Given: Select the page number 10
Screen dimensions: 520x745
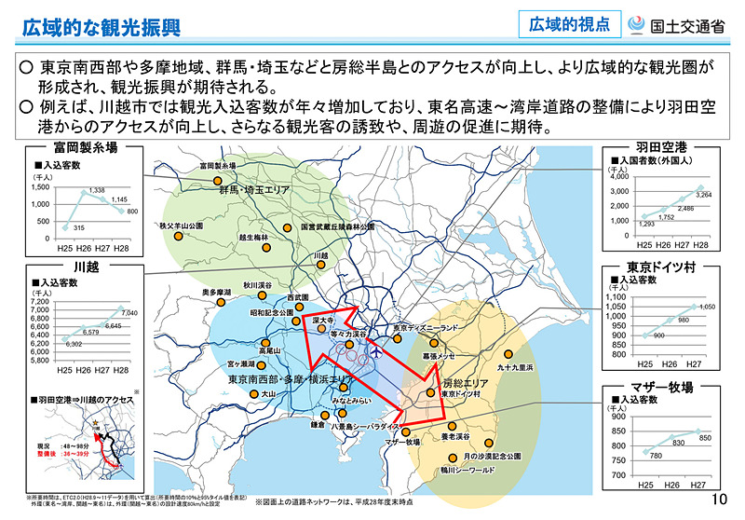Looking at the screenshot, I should [718, 500].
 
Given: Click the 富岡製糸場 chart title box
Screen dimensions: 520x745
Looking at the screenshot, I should [86, 147].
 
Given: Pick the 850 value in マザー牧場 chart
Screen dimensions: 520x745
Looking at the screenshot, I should [705, 437].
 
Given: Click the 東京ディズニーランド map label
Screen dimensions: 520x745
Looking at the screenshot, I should [427, 328].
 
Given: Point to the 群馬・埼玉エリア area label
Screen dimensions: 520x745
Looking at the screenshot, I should [254, 190].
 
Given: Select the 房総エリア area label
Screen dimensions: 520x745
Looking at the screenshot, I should [464, 383].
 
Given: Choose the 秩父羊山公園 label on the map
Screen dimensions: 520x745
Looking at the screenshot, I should [180, 226].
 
